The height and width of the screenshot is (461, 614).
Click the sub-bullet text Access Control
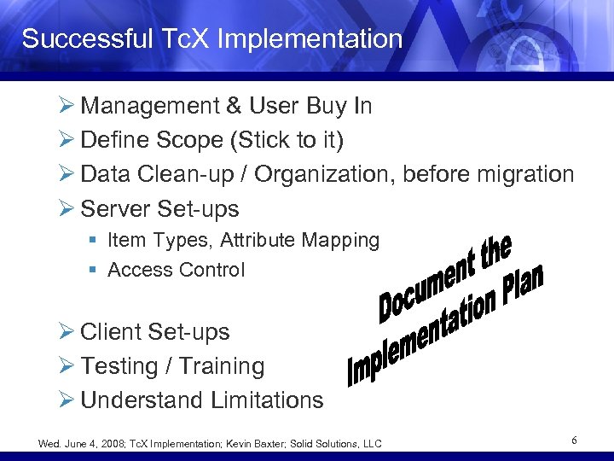coord(177,271)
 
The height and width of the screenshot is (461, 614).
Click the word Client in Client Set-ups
coord(111,332)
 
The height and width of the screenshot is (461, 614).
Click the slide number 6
coord(575,441)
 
